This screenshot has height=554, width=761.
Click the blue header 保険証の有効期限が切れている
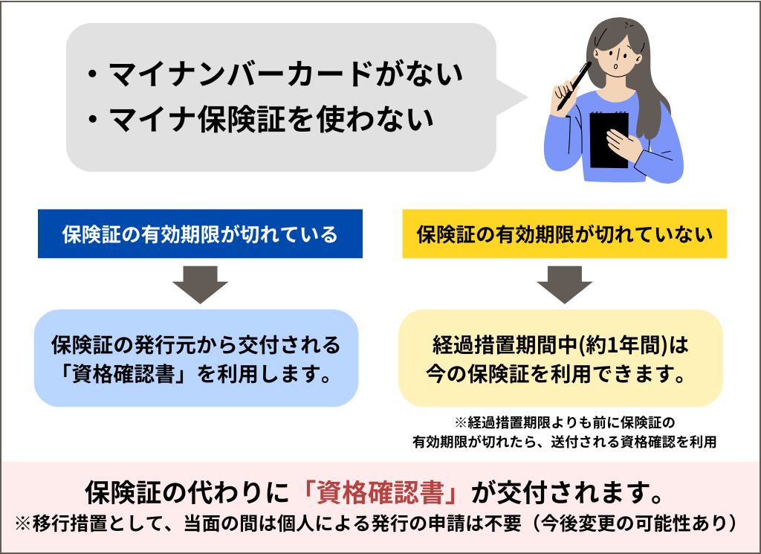(x=200, y=234)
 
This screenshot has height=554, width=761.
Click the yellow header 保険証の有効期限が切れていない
(x=564, y=234)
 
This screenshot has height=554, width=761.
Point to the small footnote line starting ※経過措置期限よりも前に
(x=564, y=423)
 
